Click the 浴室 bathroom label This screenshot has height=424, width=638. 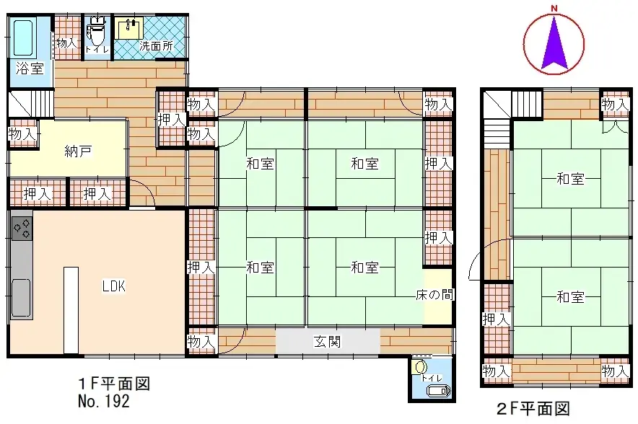(30, 69)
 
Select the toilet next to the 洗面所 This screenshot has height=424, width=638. (96, 33)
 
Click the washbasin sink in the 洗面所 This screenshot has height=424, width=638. (130, 29)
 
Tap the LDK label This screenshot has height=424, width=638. (113, 286)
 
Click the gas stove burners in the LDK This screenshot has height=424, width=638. (22, 228)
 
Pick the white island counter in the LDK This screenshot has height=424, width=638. (71, 309)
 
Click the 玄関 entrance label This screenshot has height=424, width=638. (328, 340)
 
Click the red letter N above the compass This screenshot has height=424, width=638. (554, 8)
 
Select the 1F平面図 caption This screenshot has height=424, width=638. (113, 383)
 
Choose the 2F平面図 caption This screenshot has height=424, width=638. (535, 409)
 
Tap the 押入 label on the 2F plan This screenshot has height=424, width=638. (496, 318)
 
